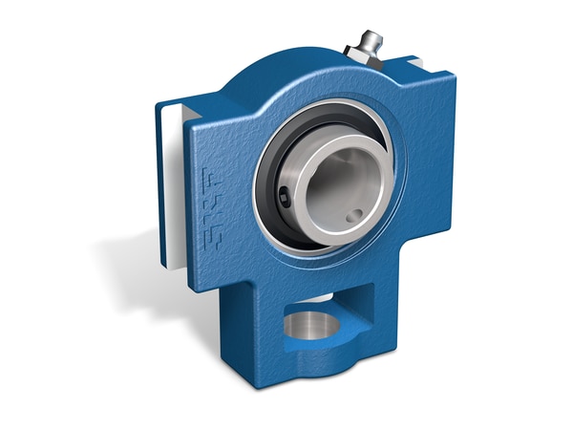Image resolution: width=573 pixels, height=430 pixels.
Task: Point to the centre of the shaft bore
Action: [x=334, y=186]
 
